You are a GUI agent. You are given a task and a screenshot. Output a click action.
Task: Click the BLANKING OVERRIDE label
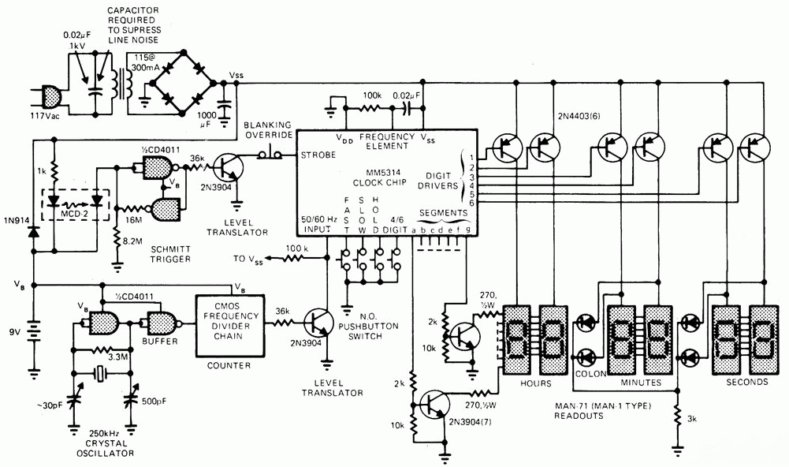(267, 130)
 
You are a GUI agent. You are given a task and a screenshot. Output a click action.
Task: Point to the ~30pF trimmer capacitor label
(47, 408)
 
